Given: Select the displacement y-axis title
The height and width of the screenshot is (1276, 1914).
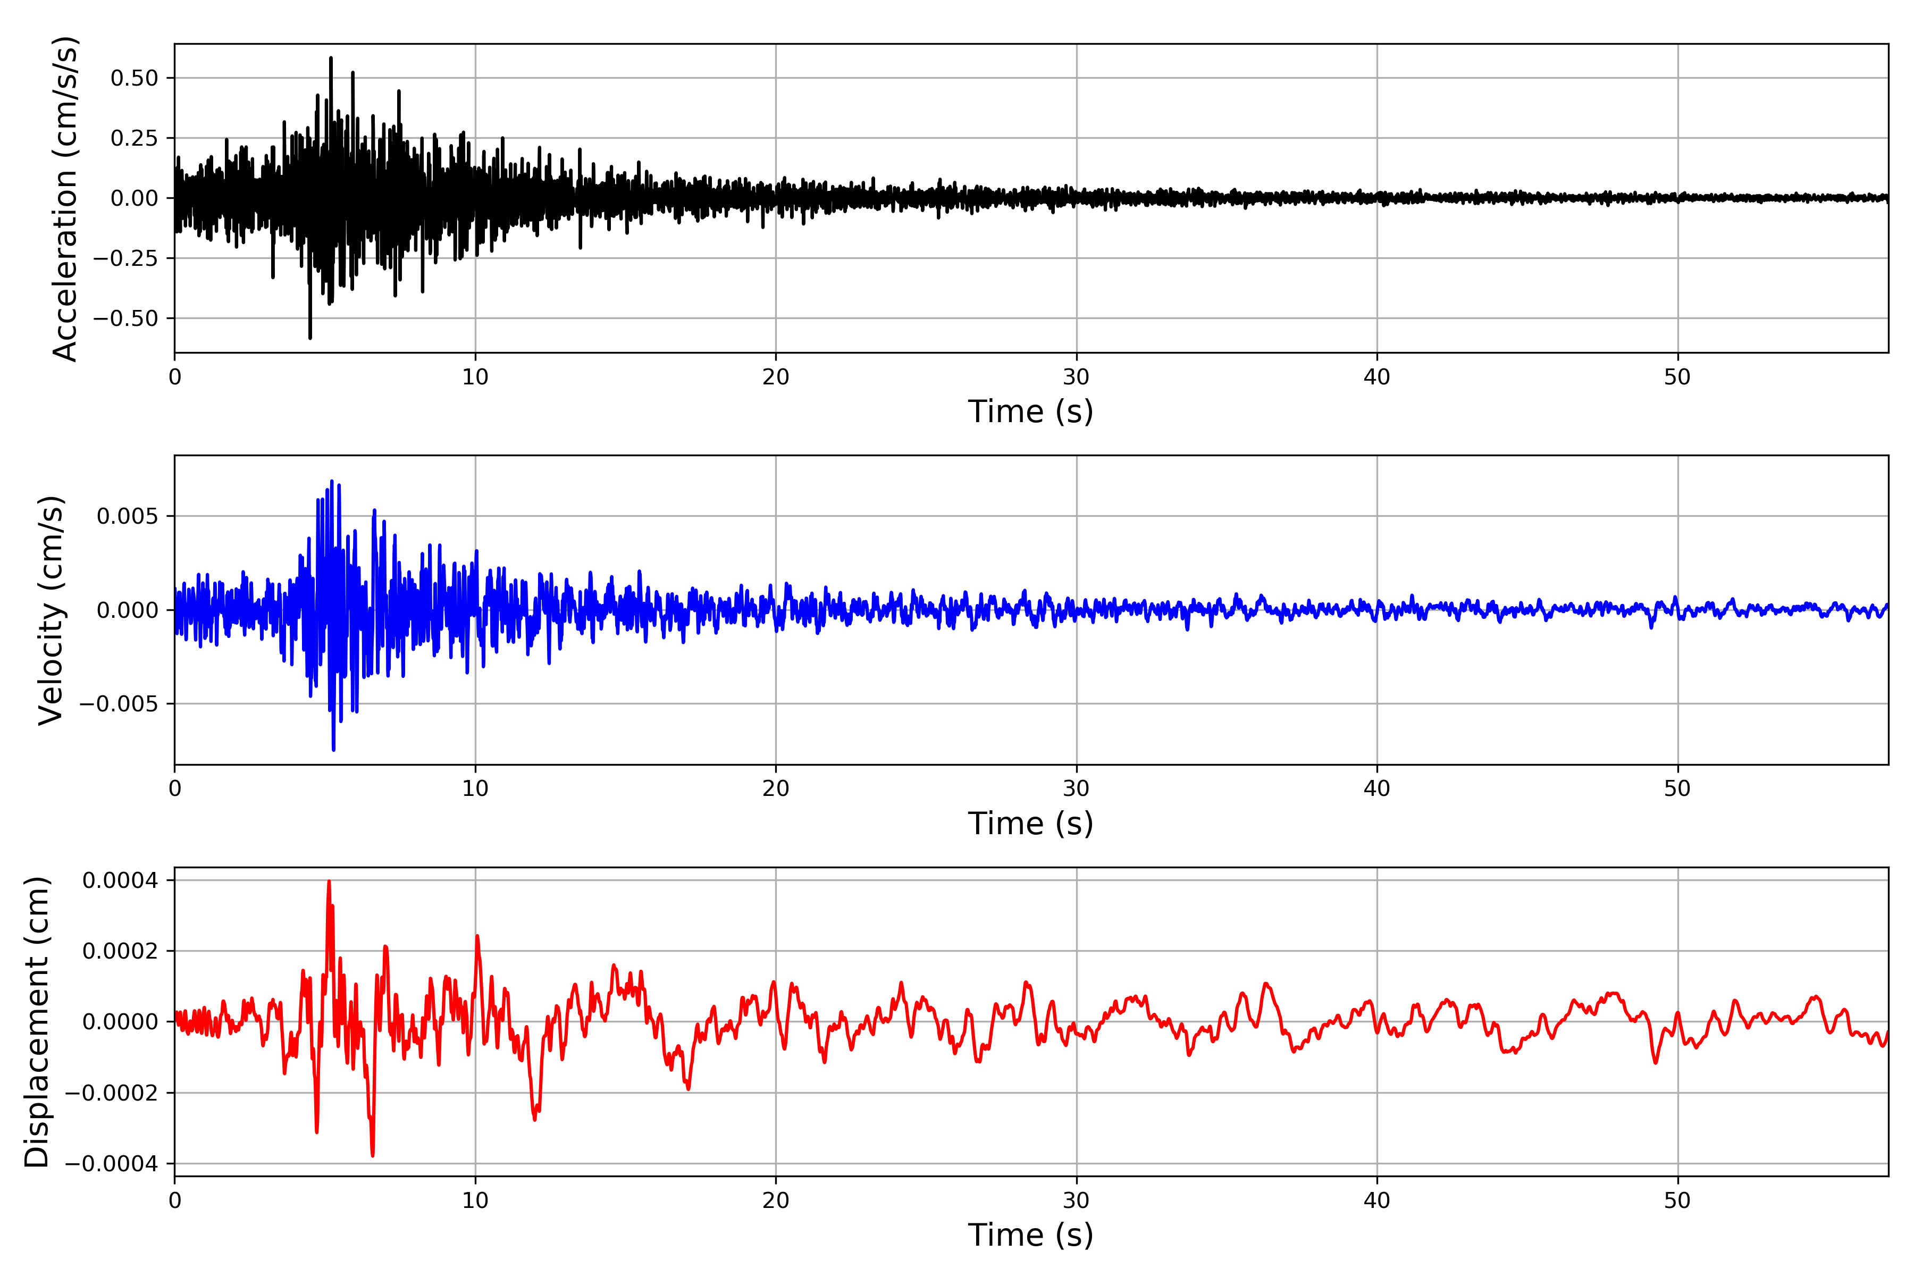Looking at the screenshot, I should [37, 1021].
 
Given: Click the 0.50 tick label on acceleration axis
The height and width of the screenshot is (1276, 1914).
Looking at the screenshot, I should [135, 78].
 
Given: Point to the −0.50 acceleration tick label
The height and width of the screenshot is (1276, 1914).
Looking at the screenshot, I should [125, 318].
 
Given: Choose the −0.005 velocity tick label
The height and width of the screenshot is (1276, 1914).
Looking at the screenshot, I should [119, 704].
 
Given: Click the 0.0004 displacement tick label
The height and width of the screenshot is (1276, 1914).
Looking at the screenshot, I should [121, 880].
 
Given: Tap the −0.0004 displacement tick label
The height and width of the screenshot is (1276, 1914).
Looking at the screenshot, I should [112, 1164].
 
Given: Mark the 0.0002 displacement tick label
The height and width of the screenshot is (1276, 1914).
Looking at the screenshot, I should [121, 951].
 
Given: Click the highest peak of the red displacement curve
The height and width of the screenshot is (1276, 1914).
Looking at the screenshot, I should [329, 882].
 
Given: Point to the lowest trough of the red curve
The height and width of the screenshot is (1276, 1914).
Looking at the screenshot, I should [373, 1155].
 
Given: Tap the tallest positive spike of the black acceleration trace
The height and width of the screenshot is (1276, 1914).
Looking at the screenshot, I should [330, 58].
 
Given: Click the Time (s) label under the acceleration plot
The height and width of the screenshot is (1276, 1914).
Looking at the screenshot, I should [1030, 412].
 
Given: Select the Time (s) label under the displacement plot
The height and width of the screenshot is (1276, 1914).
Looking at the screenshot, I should [1030, 1235].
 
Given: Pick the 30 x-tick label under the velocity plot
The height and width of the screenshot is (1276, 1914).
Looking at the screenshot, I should [1076, 788].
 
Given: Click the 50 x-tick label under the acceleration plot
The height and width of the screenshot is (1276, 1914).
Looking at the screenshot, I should [1677, 377].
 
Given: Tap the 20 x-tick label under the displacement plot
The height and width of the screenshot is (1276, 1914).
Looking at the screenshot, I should [776, 1201].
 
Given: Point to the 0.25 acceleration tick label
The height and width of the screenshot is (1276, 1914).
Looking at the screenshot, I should [135, 138].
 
